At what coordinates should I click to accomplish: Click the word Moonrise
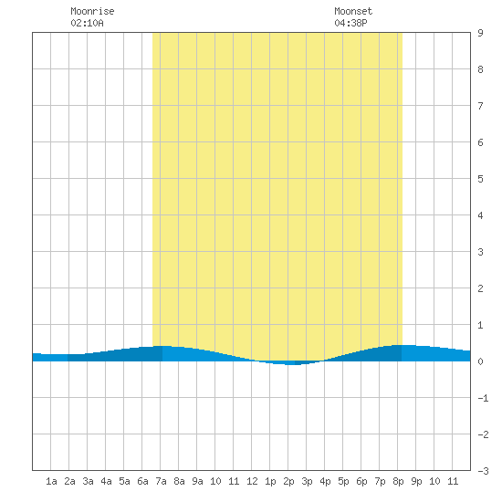coord(92,11)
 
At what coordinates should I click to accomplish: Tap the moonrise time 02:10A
coord(87,23)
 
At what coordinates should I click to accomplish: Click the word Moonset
coord(353,11)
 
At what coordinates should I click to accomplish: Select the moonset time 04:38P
coord(350,23)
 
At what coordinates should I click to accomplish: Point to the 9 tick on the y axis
coord(480,33)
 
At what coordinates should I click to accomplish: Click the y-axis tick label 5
coord(480,179)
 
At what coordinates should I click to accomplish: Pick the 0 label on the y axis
coord(480,361)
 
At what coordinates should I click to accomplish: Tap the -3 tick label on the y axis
coord(483,471)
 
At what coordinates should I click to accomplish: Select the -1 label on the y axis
coord(483,398)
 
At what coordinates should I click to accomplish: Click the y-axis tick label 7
coord(480,106)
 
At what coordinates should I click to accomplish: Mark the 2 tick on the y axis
coord(480,288)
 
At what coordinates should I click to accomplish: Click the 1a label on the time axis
coord(51,481)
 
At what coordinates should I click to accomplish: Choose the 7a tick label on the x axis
coord(161,481)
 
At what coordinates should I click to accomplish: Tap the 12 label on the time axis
coord(252,481)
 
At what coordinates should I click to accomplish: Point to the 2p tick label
coord(288,481)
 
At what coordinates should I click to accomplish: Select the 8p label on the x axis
coord(398,481)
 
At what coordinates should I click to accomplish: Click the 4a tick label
coord(106,481)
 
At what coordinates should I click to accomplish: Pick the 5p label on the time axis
coord(343,481)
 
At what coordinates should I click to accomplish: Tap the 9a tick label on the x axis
coord(197,481)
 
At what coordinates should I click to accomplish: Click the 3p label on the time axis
coord(307,481)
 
